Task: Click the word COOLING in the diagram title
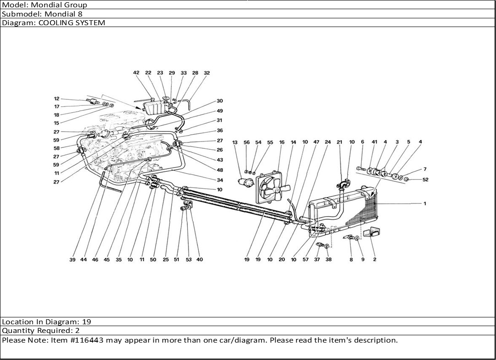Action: [56, 23]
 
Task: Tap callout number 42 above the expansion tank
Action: [136, 73]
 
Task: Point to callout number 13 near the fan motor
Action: [234, 142]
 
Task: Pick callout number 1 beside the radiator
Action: [425, 203]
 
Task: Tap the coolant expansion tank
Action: [155, 106]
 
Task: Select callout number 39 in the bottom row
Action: [72, 260]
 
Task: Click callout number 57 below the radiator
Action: [305, 260]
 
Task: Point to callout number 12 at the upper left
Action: [57, 98]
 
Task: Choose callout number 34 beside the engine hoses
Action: [220, 180]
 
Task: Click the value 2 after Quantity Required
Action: [77, 331]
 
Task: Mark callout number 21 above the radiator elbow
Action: [339, 142]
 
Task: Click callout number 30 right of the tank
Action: [220, 101]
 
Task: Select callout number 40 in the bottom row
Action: [200, 260]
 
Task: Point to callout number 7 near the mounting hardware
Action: [425, 169]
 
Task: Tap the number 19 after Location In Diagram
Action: [87, 322]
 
